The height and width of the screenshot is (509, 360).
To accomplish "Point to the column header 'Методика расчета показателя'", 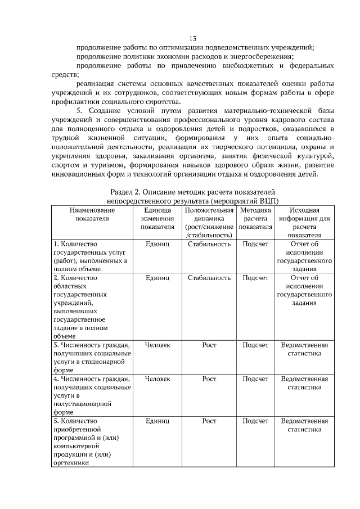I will point(255,219).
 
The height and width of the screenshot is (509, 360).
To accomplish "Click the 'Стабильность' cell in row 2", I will point(209,278).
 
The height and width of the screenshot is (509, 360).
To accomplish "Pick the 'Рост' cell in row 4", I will point(209,379).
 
